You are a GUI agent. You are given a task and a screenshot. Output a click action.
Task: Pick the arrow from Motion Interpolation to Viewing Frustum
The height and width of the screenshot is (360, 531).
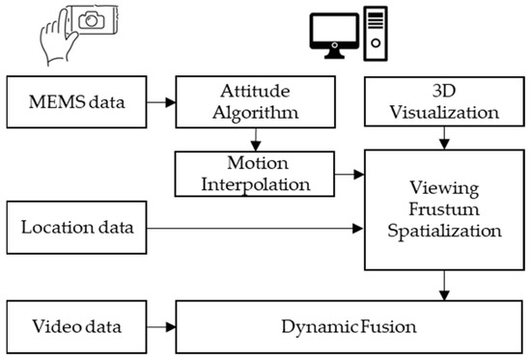click(x=344, y=175)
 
